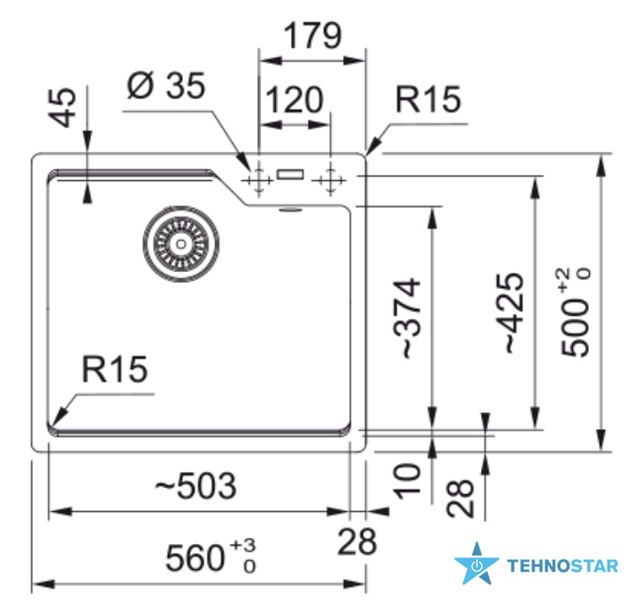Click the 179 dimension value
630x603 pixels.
coord(312,36)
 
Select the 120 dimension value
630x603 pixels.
coord(294,99)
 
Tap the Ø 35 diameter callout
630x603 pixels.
coord(166,85)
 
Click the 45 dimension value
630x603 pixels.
coord(62,107)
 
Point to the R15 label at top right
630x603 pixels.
coord(428,99)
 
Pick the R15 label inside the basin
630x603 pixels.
coord(114,369)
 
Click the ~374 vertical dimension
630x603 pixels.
coord(407,318)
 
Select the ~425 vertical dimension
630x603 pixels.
coord(510,313)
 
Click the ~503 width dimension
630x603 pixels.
coord(195,485)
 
